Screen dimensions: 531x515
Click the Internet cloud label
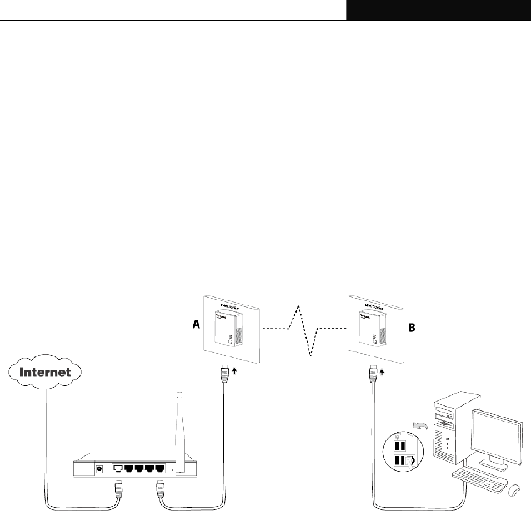point(46,372)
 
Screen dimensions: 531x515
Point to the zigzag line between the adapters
point(303,330)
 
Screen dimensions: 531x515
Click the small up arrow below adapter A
point(234,370)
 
